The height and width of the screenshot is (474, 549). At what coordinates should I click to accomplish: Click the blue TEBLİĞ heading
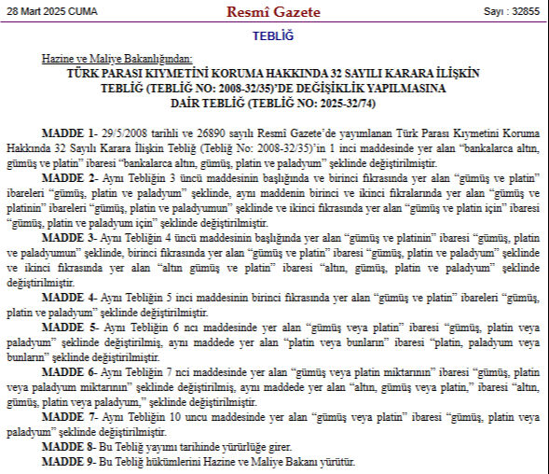(273, 35)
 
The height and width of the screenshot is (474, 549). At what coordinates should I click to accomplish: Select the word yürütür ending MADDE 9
(337, 462)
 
